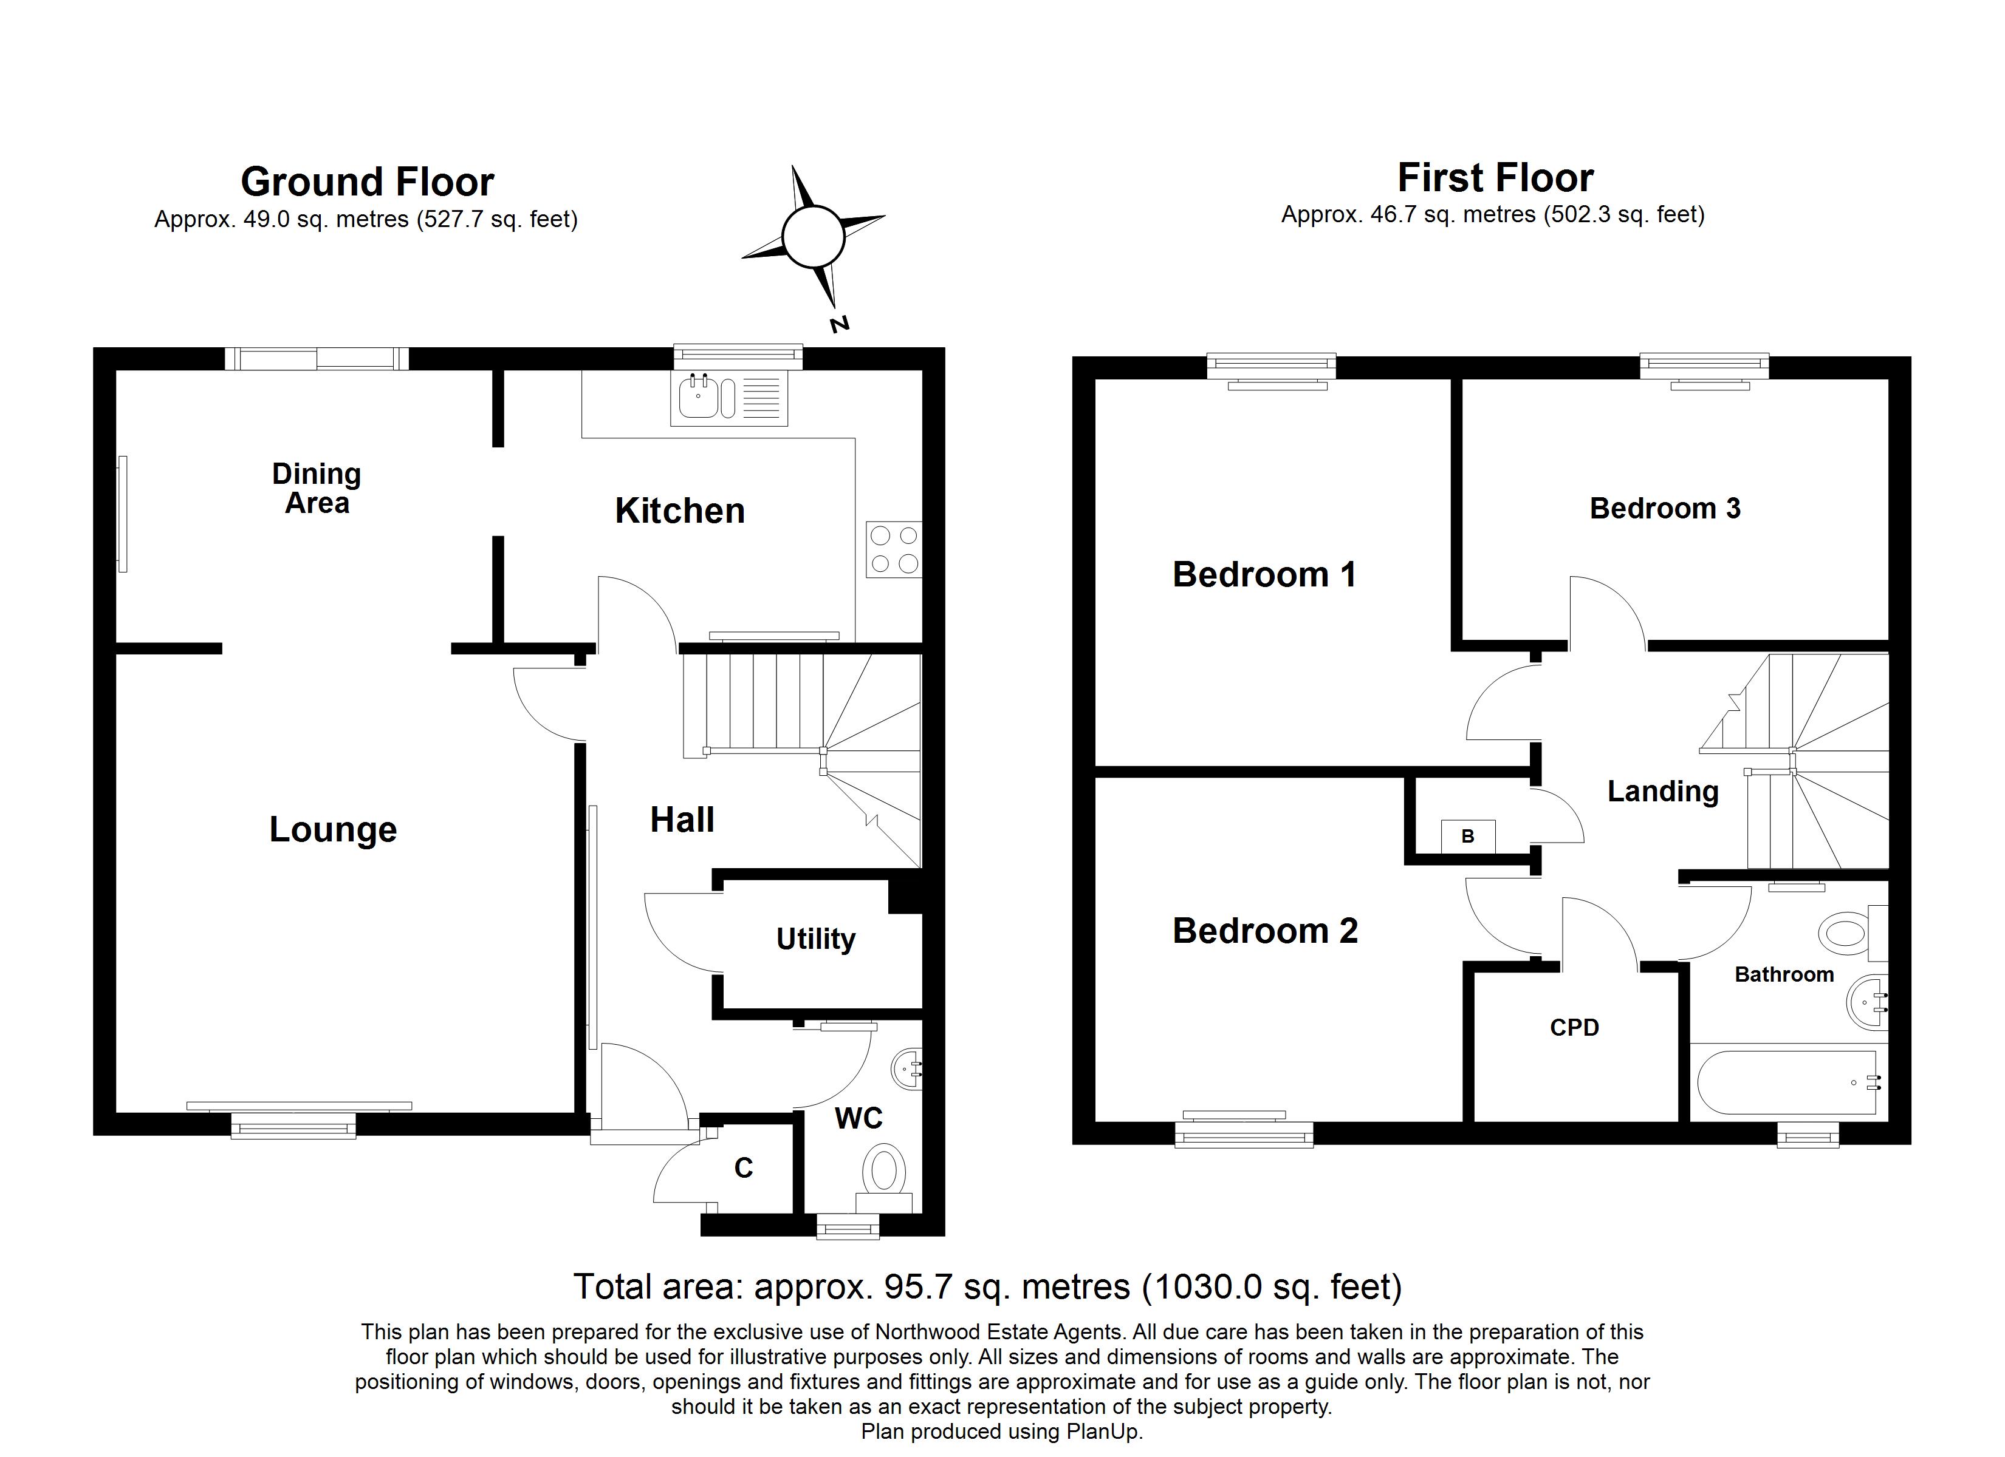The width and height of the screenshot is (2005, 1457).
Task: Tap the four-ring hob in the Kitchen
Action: point(894,549)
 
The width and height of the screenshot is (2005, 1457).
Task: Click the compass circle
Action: point(812,237)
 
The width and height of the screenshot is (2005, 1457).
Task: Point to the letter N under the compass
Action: point(839,324)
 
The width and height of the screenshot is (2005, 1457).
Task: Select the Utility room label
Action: point(815,939)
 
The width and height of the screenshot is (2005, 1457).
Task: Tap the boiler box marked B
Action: point(1467,836)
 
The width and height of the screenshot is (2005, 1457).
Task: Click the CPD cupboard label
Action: point(1574,1028)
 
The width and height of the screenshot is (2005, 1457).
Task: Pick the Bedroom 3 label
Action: point(1665,509)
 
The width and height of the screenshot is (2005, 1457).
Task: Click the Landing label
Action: point(1662,791)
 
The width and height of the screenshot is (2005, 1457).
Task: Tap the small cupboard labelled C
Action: point(744,1168)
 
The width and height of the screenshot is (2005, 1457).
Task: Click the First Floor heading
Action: point(1495,178)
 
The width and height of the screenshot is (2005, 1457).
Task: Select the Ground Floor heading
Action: point(367,182)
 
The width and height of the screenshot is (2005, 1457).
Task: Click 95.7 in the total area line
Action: point(917,1288)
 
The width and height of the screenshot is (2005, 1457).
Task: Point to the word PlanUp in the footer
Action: point(1102,1432)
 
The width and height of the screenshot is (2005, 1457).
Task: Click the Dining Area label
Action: point(317,489)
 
